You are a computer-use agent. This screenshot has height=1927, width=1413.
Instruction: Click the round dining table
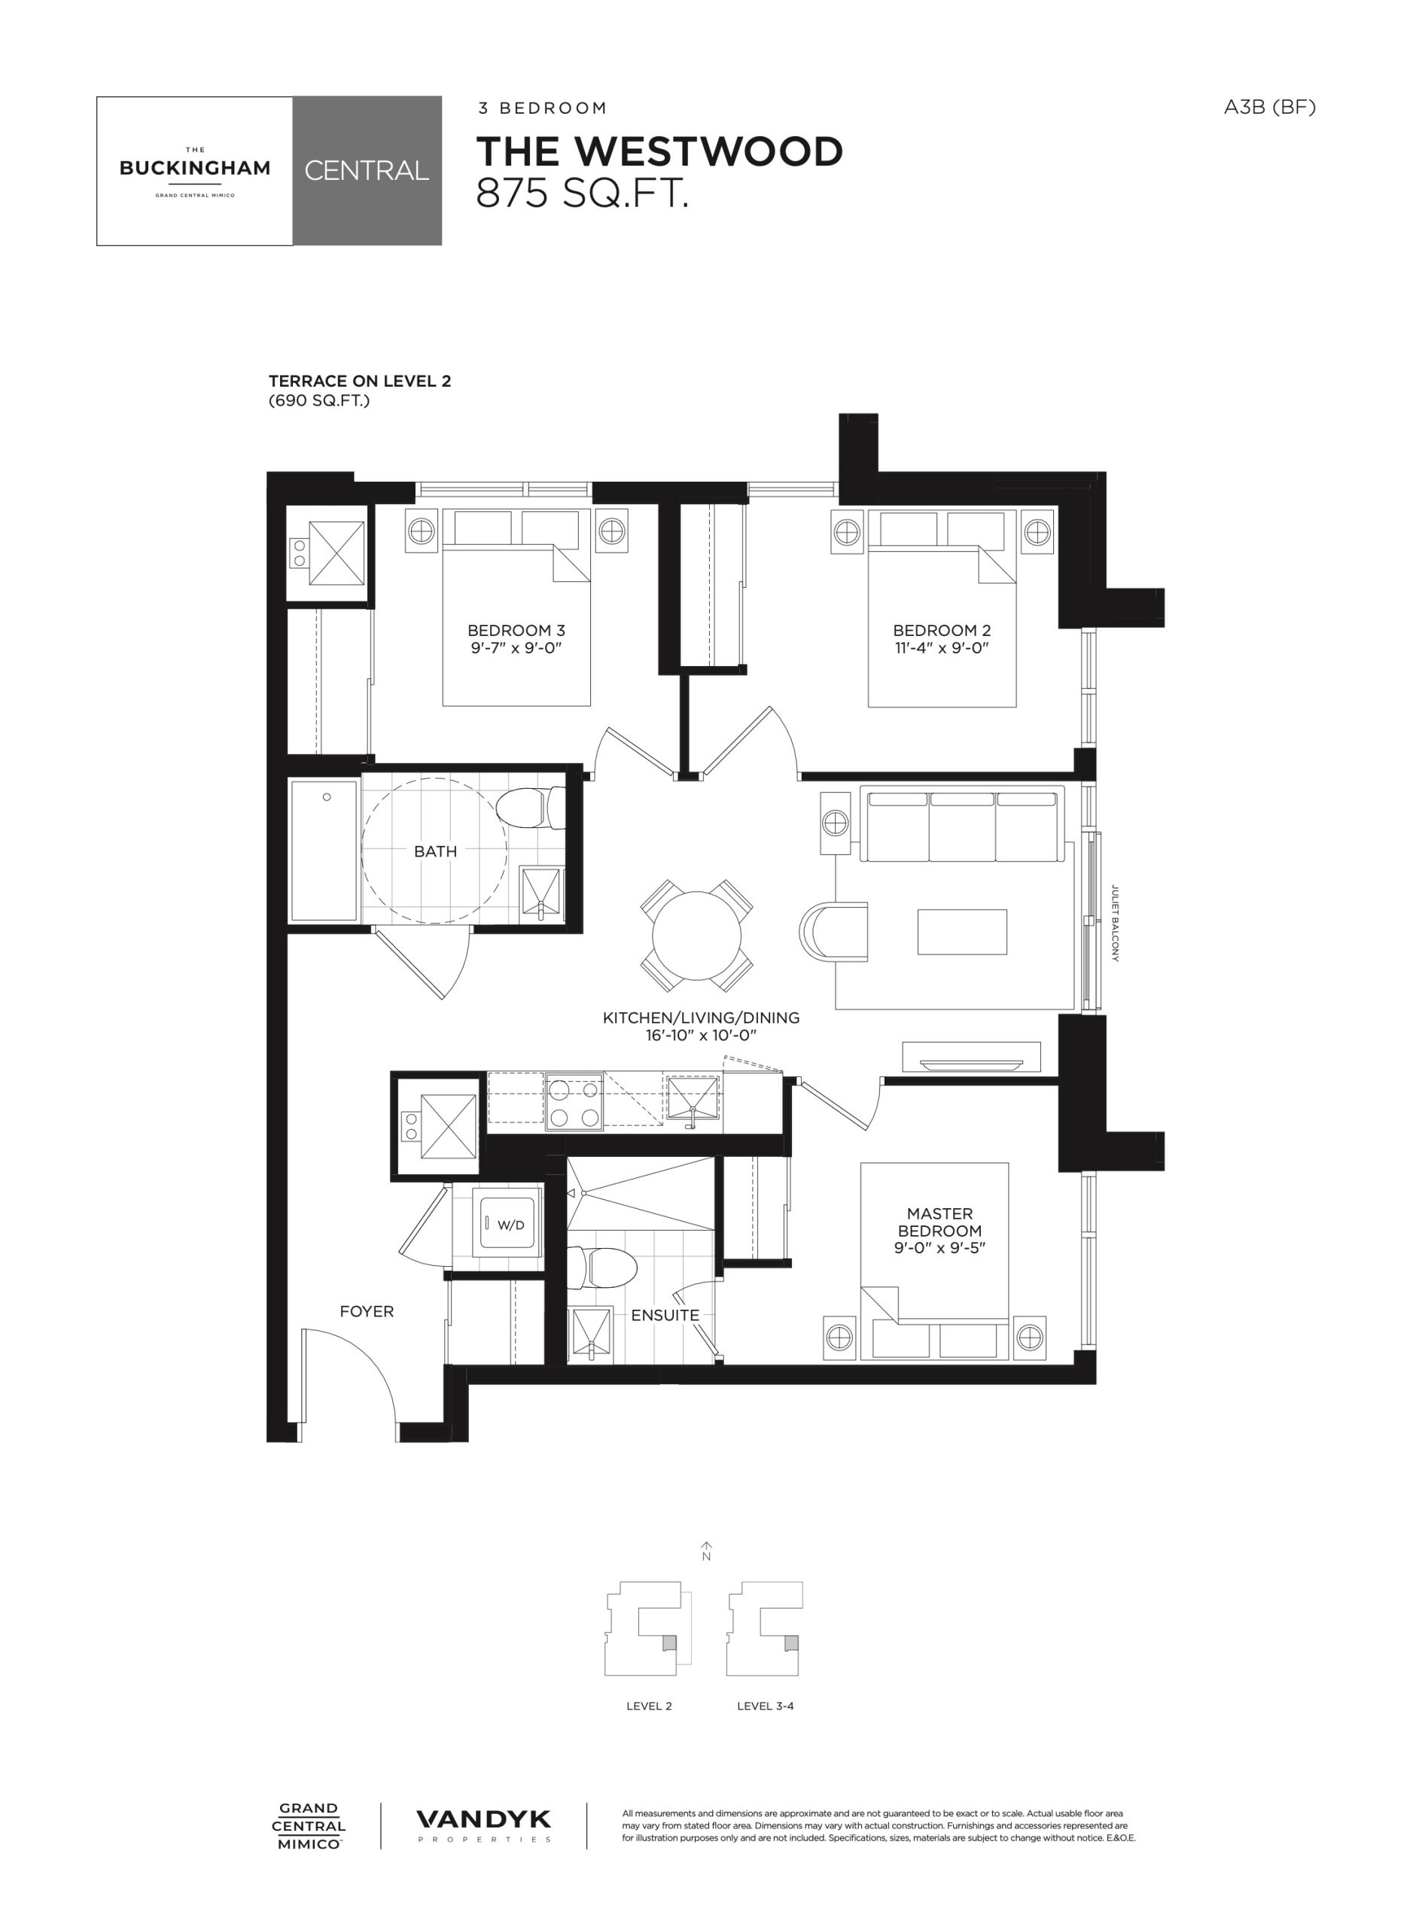[697, 935]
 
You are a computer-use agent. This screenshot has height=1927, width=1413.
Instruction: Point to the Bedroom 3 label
[516, 630]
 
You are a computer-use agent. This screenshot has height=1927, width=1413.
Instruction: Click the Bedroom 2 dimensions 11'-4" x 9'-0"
[942, 647]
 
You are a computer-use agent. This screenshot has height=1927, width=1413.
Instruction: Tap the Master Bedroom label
[940, 1222]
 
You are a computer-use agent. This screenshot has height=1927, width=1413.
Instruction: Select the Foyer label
[366, 1311]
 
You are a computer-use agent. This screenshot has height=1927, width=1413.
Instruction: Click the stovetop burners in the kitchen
[574, 1104]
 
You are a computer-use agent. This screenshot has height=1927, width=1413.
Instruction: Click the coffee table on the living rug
[962, 931]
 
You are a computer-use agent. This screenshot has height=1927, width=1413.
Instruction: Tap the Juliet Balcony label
[1114, 923]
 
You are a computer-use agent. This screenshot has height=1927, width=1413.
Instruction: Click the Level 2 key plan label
[649, 1706]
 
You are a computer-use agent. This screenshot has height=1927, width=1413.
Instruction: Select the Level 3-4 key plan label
[766, 1706]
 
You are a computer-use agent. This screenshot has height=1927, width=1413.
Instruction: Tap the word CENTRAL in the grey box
[367, 170]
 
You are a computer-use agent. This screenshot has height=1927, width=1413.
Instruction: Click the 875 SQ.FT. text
[583, 194]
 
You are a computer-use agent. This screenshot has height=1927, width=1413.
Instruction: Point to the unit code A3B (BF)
[1269, 107]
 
